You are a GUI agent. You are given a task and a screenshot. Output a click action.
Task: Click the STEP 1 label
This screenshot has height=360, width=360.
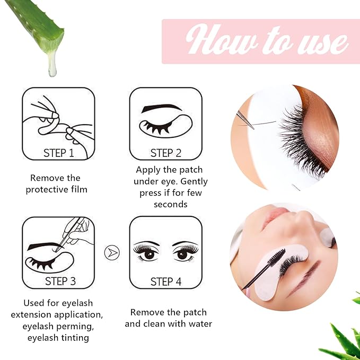pos(58,153)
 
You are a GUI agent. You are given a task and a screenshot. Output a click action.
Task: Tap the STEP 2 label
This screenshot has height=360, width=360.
pos(165,153)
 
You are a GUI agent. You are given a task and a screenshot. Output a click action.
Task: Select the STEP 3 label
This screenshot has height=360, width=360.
pos(58,282)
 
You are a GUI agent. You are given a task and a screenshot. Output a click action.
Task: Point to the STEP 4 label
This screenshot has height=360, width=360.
pos(165,282)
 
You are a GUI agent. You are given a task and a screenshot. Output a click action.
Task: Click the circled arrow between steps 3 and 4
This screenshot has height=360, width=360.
pos(112,252)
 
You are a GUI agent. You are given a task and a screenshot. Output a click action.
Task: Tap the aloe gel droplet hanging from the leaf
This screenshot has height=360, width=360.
pos(52,66)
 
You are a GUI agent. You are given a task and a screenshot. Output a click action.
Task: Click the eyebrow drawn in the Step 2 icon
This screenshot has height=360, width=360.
pos(162,108)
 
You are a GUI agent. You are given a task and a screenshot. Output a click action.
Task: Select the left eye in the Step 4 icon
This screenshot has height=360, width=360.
pos(146,252)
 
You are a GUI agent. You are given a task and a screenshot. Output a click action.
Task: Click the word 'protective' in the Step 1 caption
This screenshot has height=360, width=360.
pos(48,190)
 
